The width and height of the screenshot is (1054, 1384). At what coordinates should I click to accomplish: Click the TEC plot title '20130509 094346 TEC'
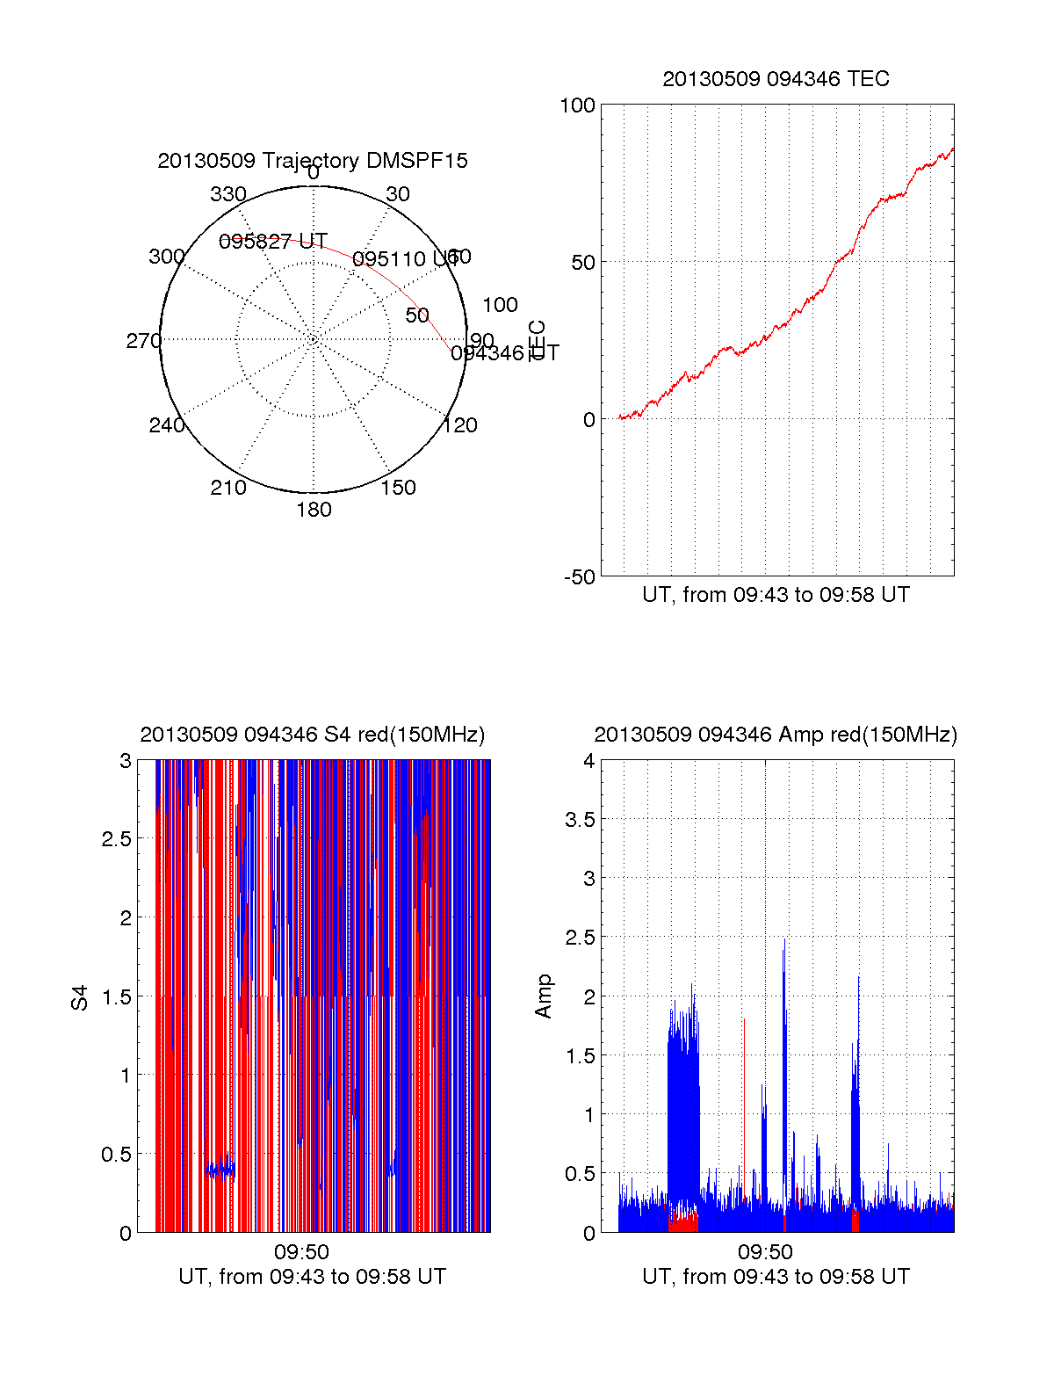tap(776, 79)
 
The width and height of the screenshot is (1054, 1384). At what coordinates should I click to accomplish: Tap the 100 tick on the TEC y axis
tap(577, 105)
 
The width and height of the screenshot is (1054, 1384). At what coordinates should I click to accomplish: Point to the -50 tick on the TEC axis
tap(579, 577)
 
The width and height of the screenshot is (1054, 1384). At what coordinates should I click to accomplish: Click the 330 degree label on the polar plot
tap(228, 194)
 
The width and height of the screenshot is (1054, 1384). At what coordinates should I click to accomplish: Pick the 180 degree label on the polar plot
tap(314, 510)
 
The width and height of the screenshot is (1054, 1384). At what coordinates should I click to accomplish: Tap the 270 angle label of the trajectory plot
tap(143, 341)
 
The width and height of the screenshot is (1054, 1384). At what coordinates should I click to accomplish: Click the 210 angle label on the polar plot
tap(228, 488)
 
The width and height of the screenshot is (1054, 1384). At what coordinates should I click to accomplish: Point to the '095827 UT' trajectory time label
tap(273, 242)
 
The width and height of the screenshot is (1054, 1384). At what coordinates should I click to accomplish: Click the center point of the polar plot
tap(314, 339)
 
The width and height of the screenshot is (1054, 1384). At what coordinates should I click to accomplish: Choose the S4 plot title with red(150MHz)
tap(312, 735)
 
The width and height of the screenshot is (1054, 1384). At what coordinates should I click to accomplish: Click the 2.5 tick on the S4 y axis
tap(117, 839)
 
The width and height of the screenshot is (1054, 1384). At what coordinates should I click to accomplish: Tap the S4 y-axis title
tap(80, 997)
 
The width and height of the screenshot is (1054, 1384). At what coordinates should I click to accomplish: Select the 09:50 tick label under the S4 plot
tap(301, 1251)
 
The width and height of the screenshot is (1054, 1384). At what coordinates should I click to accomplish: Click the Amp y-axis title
tap(544, 996)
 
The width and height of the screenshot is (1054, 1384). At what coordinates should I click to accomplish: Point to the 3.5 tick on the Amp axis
tap(580, 820)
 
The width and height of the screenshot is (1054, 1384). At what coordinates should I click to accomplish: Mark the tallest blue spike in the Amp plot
tap(784, 940)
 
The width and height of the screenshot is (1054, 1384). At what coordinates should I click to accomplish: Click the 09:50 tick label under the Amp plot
tap(765, 1251)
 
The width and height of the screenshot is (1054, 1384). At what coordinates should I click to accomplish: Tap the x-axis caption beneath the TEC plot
tap(776, 595)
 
